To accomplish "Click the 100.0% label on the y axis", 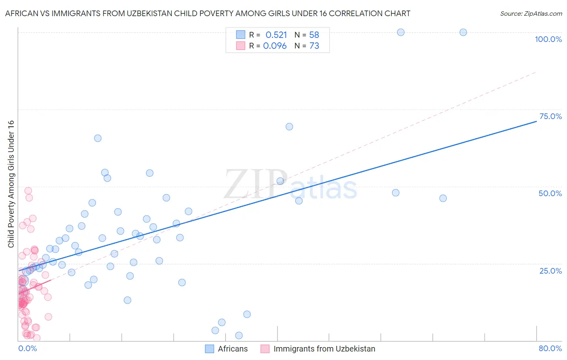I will [548, 39].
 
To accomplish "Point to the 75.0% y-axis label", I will [550, 116].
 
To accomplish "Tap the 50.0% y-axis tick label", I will [550, 193].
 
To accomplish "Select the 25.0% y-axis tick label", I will [550, 271].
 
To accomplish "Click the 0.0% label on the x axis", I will [27, 348].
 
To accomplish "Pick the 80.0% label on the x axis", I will [550, 348].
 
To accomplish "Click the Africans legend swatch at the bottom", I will [209, 349].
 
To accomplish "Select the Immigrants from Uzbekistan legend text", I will [324, 349].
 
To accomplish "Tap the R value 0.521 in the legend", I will [276, 35].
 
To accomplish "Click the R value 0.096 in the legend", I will [275, 46].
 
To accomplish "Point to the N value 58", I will [314, 35].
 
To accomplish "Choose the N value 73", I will [314, 46].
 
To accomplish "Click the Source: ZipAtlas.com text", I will [531, 14].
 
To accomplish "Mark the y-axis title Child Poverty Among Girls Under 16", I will [11, 184].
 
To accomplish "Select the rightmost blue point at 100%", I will [463, 32].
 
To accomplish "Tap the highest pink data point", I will [28, 190].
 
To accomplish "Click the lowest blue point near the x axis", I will [239, 335].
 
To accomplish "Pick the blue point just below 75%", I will [289, 127].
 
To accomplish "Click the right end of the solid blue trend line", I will [536, 121].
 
